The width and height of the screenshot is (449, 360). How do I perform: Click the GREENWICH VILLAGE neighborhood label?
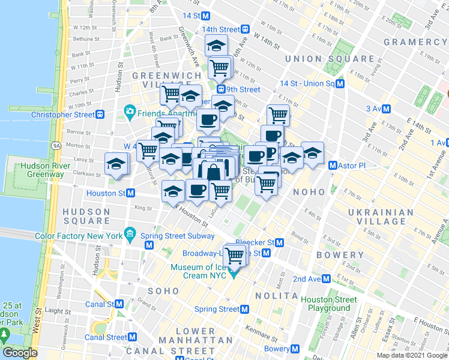pyautogui.click(x=158, y=80)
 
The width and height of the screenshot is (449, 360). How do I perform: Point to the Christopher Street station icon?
pyautogui.click(x=101, y=114)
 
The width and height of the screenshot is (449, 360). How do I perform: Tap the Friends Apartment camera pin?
pyautogui.click(x=128, y=111)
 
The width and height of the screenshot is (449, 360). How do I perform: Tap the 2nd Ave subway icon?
pyautogui.click(x=325, y=279)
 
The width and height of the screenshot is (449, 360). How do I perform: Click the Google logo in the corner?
pyautogui.click(x=20, y=353)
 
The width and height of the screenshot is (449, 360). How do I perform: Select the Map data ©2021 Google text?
pyautogui.click(x=412, y=355)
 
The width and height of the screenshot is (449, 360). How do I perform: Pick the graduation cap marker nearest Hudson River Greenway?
pyautogui.click(x=116, y=164)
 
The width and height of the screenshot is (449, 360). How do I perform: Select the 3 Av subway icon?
pyautogui.click(x=387, y=109)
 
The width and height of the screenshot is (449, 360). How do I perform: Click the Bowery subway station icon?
pyautogui.click(x=295, y=348)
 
